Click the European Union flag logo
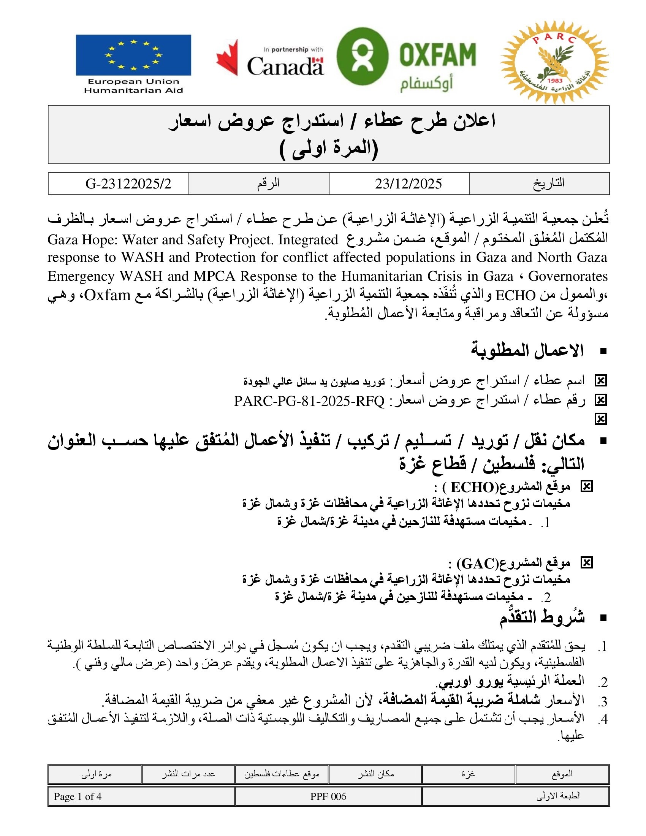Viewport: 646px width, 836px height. click(x=133, y=55)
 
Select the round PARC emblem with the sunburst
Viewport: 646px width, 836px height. click(x=554, y=62)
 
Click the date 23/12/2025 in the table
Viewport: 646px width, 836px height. click(x=408, y=184)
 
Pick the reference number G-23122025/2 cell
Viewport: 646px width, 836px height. click(x=128, y=184)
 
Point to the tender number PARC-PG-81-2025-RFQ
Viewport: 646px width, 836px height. click(x=309, y=401)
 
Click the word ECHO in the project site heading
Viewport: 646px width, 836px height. click(x=473, y=487)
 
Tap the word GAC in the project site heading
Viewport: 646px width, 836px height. click(x=478, y=564)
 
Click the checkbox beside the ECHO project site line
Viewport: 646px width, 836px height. click(x=586, y=486)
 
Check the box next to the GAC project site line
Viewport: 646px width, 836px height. click(x=586, y=563)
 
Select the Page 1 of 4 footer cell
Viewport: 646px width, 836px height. click(x=78, y=796)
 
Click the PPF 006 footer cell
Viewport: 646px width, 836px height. click(x=328, y=796)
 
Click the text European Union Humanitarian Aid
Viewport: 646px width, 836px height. click(x=133, y=86)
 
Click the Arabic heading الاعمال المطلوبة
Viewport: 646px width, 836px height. click(x=527, y=350)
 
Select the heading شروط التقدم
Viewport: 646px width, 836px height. click(x=541, y=617)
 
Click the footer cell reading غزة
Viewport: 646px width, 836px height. click(x=468, y=774)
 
